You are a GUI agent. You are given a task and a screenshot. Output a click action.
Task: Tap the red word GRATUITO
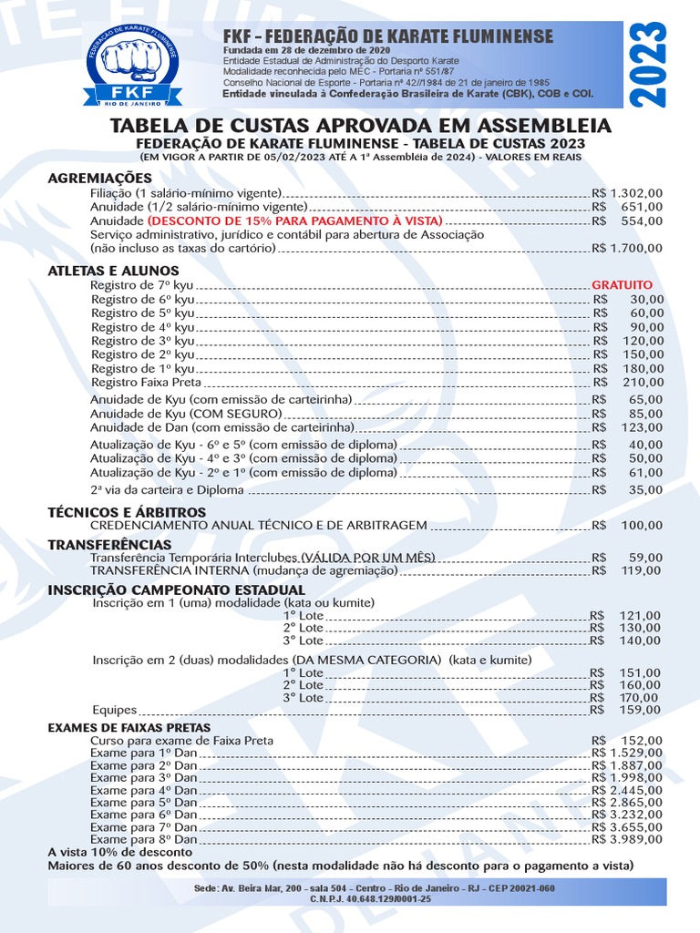(x=622, y=285)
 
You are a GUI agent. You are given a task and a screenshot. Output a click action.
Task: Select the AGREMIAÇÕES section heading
(x=99, y=178)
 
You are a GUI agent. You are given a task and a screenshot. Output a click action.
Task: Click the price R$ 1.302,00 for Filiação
(x=627, y=193)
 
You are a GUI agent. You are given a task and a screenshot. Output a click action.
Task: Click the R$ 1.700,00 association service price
(x=627, y=248)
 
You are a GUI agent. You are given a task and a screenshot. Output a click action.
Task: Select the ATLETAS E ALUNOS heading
(x=113, y=271)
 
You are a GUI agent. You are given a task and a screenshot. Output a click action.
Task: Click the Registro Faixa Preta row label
(x=139, y=382)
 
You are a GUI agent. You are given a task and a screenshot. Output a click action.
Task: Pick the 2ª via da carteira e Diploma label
(x=167, y=489)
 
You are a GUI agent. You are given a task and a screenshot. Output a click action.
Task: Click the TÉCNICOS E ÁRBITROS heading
(x=114, y=512)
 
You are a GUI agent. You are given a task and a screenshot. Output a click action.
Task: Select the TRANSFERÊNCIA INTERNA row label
(x=243, y=570)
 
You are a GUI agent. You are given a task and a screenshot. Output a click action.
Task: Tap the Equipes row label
(x=114, y=709)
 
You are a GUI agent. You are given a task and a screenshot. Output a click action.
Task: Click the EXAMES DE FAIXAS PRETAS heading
(x=129, y=728)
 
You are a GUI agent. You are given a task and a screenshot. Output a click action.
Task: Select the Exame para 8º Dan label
(x=143, y=839)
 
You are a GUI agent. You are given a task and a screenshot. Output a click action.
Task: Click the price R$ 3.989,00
(x=627, y=839)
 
